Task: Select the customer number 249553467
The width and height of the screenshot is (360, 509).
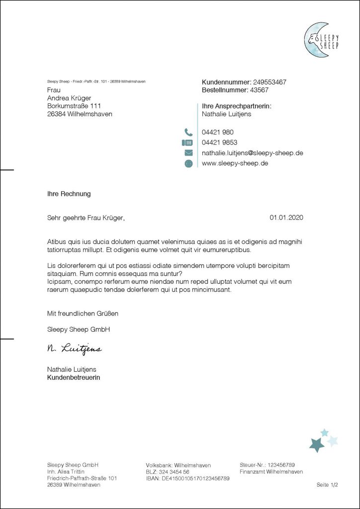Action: point(270,82)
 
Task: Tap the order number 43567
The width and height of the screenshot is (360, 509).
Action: point(259,90)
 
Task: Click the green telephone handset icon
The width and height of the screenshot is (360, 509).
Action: point(188,132)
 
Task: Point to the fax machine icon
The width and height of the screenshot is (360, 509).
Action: point(188,143)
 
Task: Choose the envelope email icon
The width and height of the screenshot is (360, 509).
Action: point(188,153)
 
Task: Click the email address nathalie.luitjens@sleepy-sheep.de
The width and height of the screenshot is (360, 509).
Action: point(252,153)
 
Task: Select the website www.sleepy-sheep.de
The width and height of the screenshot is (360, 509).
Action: point(235,163)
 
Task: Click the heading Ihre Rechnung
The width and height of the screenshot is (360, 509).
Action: point(69,194)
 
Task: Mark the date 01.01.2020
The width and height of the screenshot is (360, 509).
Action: point(286,217)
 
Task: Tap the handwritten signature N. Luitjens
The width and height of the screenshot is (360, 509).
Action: point(74,349)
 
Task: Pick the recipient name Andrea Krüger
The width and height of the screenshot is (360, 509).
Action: point(69,98)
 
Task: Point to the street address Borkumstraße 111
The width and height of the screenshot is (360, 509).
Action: point(74,106)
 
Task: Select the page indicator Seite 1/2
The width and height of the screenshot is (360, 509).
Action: point(327,485)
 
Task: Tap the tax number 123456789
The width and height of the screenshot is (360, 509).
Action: point(281,465)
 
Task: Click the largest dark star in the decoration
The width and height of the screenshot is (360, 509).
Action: point(316,444)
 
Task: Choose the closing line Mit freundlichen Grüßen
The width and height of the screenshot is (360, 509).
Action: point(83,314)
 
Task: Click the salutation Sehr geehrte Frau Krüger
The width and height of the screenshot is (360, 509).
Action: point(86,217)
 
